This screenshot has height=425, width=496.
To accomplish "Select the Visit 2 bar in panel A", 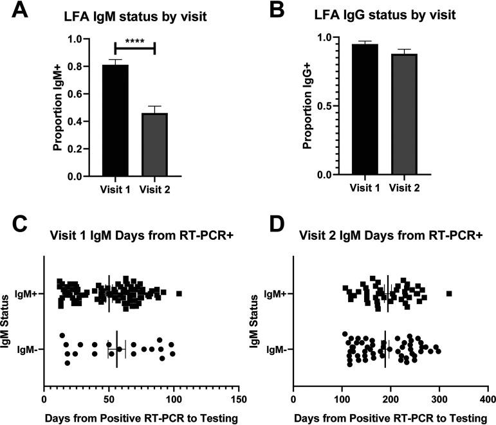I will point(154,144).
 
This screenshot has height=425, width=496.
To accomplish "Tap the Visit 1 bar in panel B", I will point(364,109).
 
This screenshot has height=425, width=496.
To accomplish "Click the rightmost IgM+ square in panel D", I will point(449,294).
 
